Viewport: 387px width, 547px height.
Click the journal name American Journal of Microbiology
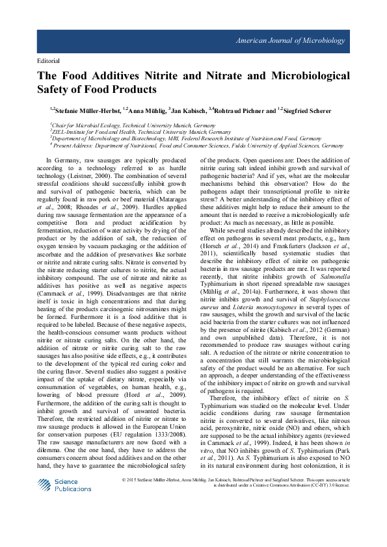point(299,41)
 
